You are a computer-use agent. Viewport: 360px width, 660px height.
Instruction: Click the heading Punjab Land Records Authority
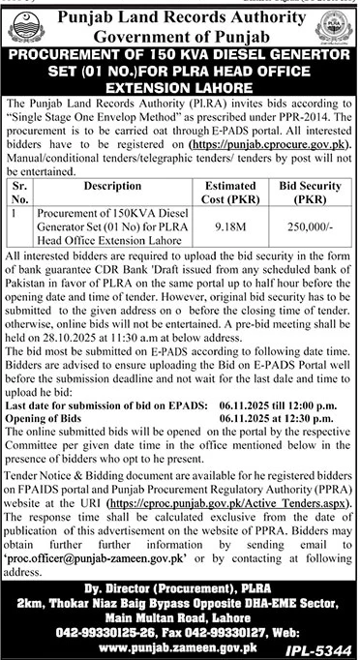(180, 16)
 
